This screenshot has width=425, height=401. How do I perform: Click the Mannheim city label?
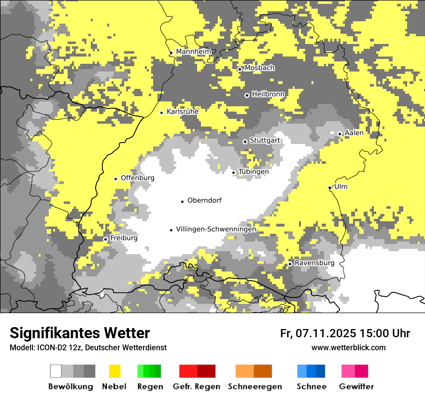tap(193, 52)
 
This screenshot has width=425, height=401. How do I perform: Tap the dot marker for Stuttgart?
tap(245, 142)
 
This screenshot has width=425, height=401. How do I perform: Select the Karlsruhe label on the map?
tap(183, 112)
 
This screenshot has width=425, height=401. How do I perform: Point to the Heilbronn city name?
tap(268, 94)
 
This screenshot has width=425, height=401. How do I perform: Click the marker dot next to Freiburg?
tap(105, 239)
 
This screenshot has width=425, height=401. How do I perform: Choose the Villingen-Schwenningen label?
tap(216, 229)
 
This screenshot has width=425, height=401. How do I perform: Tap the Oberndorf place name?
tap(204, 200)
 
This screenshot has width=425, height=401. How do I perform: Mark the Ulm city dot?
tap(329, 187)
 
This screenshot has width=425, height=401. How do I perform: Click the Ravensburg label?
tap(314, 263)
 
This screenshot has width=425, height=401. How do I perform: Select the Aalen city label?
tap(354, 133)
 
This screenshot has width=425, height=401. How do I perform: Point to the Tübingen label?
tap(254, 172)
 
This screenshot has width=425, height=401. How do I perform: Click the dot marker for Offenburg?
tap(115, 179)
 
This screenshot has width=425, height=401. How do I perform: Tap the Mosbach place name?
tap(259, 68)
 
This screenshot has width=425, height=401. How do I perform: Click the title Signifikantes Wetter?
tap(80, 333)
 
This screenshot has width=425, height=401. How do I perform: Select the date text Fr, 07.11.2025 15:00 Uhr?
tap(345, 333)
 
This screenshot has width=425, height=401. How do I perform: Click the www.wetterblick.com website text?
tap(348, 348)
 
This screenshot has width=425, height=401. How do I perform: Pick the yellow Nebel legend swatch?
tap(115, 371)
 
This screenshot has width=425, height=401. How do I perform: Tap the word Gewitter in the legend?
tap(356, 387)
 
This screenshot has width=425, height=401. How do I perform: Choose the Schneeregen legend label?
tap(255, 387)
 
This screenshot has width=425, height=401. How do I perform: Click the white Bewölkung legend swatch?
tap(56, 371)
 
